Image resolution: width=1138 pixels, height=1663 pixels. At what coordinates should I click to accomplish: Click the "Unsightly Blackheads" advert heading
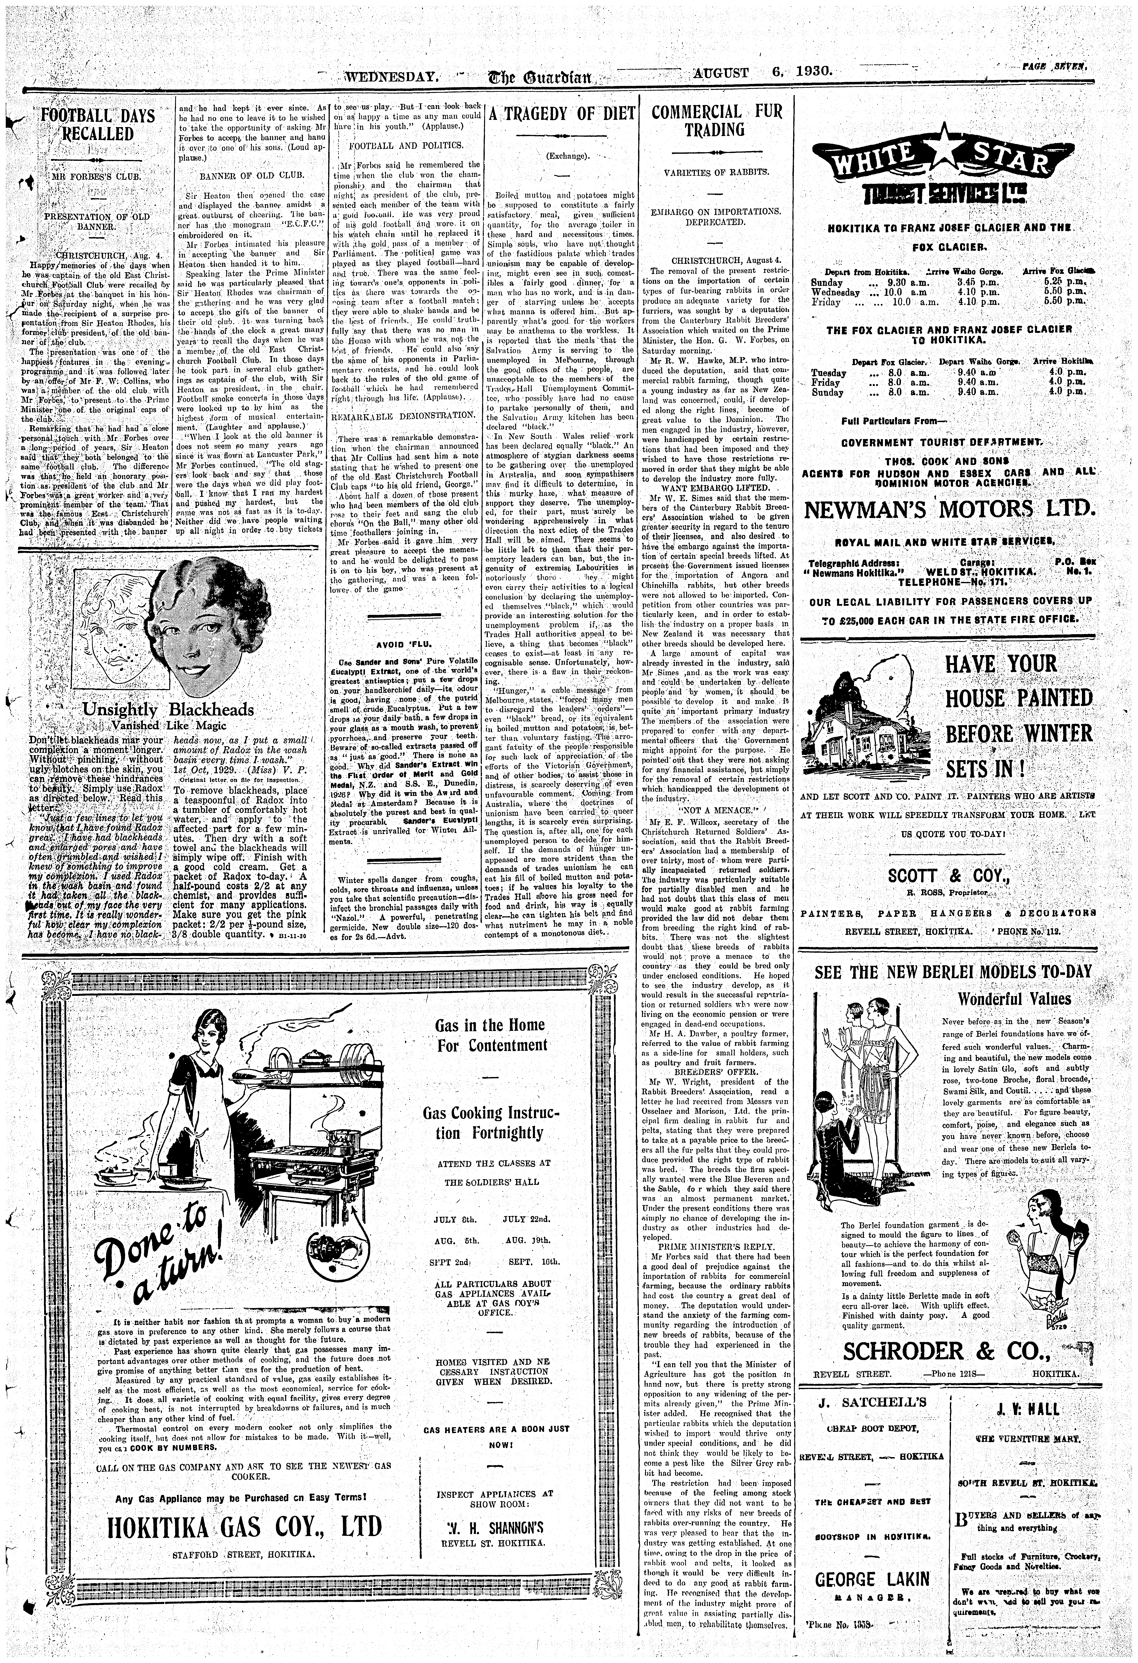click(x=168, y=710)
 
